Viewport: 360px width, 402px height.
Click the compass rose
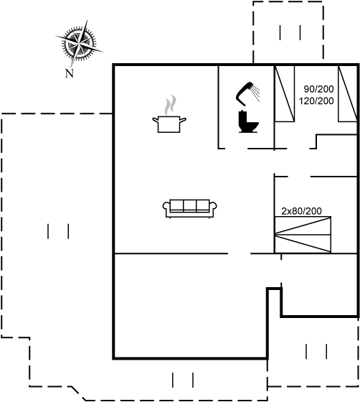tap(79, 44)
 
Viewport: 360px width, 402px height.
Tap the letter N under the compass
tap(69, 73)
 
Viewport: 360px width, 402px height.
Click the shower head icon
tap(247, 94)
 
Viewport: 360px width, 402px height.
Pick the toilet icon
tap(248, 121)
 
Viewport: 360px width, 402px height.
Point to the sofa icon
tap(190, 208)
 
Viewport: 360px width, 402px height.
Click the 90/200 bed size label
tap(319, 89)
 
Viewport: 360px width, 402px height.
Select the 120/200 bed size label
tap(316, 100)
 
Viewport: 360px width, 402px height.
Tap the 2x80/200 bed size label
tap(301, 211)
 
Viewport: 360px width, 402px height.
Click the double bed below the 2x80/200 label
tap(303, 235)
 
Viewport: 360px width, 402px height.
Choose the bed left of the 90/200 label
tap(285, 93)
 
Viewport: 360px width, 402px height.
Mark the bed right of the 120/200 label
tap(348, 93)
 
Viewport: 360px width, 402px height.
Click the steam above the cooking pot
tap(170, 105)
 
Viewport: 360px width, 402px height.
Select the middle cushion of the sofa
tap(190, 205)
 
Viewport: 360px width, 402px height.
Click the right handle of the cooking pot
tap(183, 120)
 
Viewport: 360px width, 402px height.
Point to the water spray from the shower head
tap(255, 93)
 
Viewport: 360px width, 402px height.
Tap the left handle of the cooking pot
tap(156, 120)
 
